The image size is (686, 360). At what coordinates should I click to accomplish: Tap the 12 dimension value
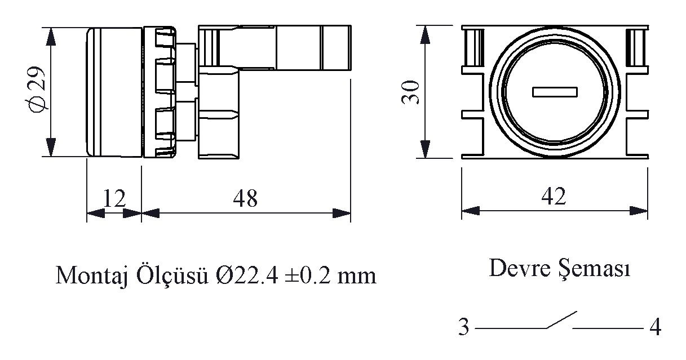(114, 199)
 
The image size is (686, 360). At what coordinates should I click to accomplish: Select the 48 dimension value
(245, 199)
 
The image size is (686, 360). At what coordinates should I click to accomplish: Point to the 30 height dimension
(410, 92)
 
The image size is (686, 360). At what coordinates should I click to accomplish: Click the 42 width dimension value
(554, 196)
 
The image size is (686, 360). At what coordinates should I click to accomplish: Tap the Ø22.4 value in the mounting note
(247, 275)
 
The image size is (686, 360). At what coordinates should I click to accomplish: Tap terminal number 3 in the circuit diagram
(464, 327)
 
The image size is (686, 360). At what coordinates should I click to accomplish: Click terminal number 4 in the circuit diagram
(655, 327)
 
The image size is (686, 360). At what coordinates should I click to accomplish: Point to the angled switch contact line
(562, 320)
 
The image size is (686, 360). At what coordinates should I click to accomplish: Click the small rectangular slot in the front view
(555, 92)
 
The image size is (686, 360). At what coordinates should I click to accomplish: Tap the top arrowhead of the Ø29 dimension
(51, 37)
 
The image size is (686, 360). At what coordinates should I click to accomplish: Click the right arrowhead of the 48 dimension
(342, 214)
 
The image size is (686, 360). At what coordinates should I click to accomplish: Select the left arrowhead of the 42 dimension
(471, 211)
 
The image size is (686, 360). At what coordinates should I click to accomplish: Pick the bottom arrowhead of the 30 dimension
(425, 149)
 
